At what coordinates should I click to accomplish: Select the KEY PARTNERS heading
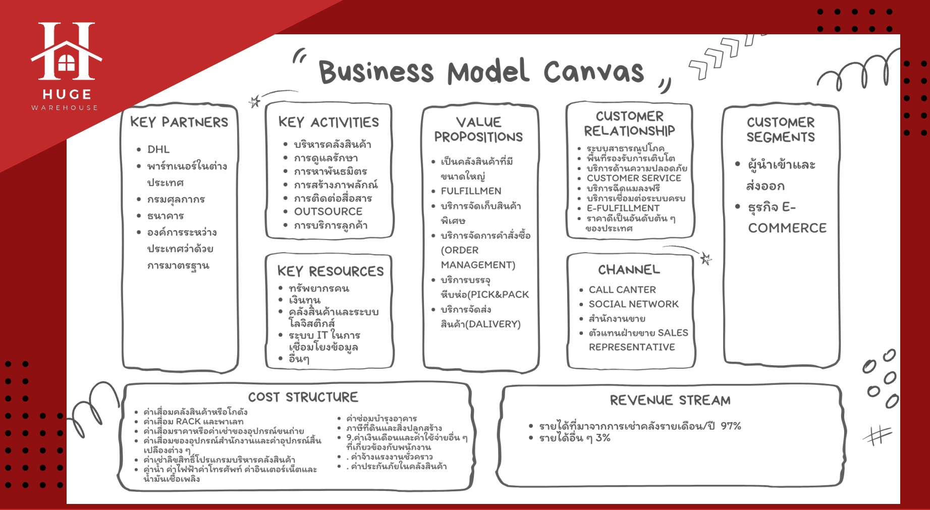(179, 122)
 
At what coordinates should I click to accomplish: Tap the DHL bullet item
(158, 149)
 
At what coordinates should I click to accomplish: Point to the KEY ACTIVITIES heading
(329, 122)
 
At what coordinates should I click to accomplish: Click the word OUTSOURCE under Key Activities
(328, 211)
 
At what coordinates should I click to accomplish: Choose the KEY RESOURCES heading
(331, 271)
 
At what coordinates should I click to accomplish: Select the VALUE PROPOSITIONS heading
(478, 130)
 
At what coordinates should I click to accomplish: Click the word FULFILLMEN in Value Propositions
(471, 191)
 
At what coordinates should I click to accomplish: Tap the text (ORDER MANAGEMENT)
(478, 257)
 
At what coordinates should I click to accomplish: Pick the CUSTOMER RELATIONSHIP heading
(629, 124)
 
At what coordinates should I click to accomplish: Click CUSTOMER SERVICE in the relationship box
(634, 178)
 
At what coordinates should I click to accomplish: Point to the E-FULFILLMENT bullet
(623, 208)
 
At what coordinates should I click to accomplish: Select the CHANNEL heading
(629, 270)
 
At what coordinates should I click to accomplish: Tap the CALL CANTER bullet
(622, 290)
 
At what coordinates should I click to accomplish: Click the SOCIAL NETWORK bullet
(633, 304)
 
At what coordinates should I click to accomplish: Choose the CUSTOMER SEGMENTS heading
(781, 130)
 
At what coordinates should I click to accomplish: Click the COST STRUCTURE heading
(303, 397)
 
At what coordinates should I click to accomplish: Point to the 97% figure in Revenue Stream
(731, 426)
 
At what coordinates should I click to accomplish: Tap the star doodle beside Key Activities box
(254, 101)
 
